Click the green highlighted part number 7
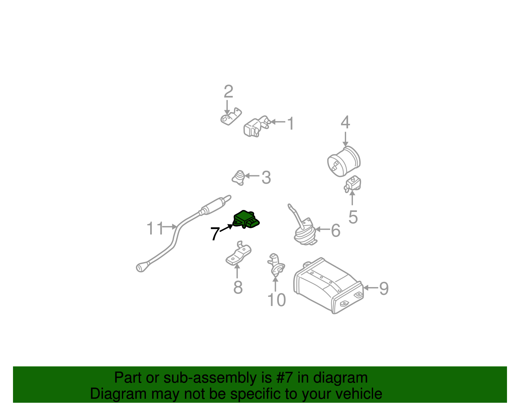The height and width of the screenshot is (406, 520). (x=246, y=219)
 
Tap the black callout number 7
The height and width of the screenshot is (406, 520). (x=214, y=233)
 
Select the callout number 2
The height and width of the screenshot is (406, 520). (x=228, y=92)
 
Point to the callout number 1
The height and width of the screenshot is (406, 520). (x=291, y=124)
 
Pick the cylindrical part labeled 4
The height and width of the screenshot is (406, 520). (x=344, y=161)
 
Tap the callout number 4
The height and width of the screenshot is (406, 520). (x=345, y=123)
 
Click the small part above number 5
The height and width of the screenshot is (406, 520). (x=353, y=184)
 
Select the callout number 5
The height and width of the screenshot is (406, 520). (x=353, y=217)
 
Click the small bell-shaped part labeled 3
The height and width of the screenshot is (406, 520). (x=239, y=177)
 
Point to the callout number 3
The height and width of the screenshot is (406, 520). (x=266, y=177)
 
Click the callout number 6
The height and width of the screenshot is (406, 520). (x=336, y=231)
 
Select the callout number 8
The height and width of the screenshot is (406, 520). (x=238, y=287)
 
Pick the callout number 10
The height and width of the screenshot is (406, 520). (x=276, y=300)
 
